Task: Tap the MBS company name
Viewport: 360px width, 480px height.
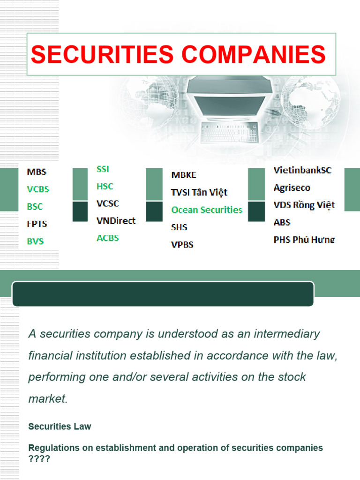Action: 37,172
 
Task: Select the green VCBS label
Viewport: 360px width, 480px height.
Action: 38,189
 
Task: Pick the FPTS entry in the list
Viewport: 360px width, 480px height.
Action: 37,224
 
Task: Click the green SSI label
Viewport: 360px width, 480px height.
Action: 103,169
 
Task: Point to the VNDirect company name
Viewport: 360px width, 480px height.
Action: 116,221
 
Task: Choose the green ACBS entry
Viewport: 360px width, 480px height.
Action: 108,238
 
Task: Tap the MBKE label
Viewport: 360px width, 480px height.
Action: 184,175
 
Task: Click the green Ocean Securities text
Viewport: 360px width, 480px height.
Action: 207,210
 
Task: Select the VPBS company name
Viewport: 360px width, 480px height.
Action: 182,245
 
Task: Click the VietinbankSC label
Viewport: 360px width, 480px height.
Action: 302,170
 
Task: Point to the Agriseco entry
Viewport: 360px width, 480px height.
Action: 292,188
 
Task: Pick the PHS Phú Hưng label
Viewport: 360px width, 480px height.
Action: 304,240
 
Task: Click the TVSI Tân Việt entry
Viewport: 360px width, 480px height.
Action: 199,193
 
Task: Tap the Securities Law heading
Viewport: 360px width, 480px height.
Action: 60,427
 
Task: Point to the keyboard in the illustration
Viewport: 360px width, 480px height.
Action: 229,133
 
